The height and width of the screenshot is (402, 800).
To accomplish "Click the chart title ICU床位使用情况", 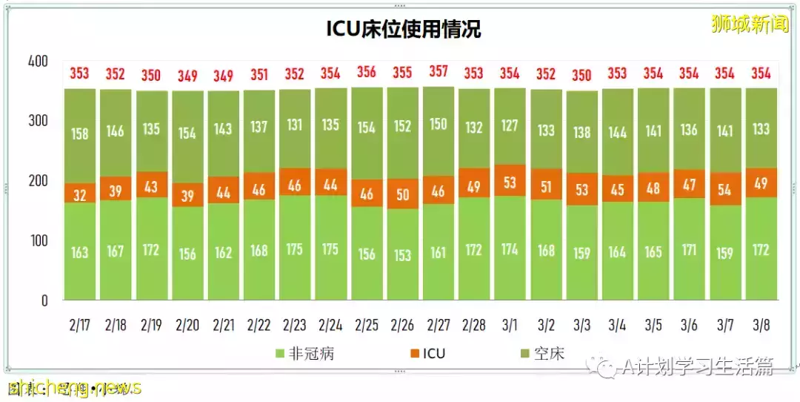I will click(x=404, y=29).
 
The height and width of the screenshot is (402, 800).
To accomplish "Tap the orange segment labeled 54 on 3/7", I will click(x=724, y=189).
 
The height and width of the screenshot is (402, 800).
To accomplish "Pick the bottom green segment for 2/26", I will click(x=402, y=254).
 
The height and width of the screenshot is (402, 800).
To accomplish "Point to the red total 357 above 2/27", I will click(x=438, y=72).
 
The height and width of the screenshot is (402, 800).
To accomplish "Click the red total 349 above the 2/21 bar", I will click(x=223, y=76).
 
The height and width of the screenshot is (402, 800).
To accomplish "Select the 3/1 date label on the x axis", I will click(x=509, y=326).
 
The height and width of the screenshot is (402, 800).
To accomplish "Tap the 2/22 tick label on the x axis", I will click(x=259, y=326).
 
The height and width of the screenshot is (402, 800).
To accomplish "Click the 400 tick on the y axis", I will click(x=38, y=62).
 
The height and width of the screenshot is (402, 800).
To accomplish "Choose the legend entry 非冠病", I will click(x=304, y=354).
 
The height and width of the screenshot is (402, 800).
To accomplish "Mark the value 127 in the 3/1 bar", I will click(x=510, y=125).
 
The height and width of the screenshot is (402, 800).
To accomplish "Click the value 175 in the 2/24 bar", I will click(x=330, y=248).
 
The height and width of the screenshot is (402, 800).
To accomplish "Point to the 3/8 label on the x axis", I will click(x=761, y=326).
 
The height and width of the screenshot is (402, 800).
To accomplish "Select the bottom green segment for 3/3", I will click(x=581, y=253).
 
